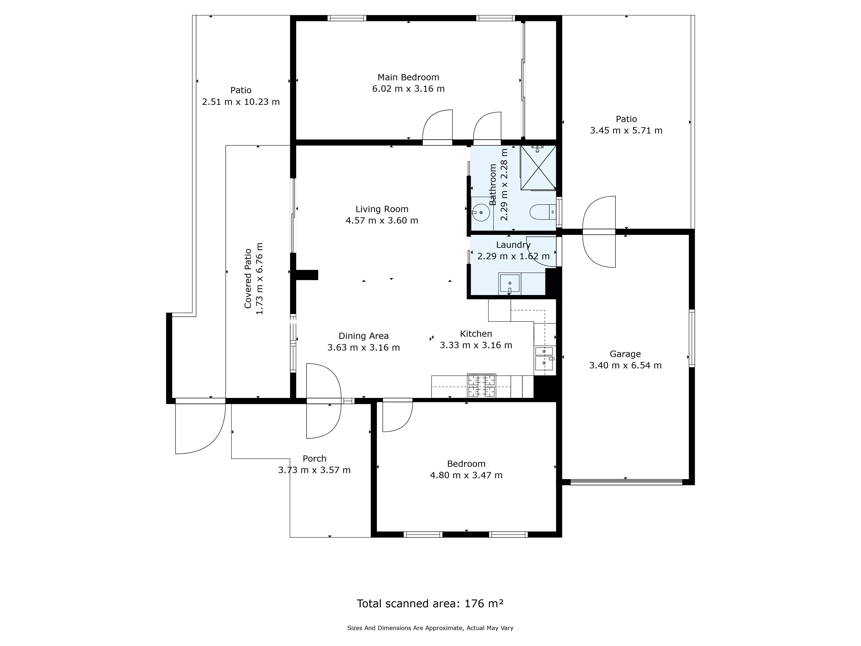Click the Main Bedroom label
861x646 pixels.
click(x=408, y=78)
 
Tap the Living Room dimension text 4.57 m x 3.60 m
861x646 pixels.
click(x=382, y=221)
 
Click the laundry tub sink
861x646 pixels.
click(x=509, y=283)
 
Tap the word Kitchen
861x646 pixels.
click(x=476, y=334)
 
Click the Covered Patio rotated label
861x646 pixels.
click(x=248, y=279)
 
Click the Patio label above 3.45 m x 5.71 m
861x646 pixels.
click(x=626, y=119)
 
